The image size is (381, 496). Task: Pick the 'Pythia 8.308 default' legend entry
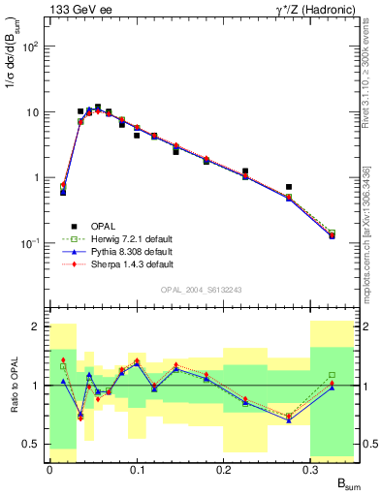(137, 251)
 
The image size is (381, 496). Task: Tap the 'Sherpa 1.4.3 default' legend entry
(137, 263)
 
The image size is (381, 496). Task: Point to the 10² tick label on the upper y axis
(31, 46)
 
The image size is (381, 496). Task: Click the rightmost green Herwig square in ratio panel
(332, 375)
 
